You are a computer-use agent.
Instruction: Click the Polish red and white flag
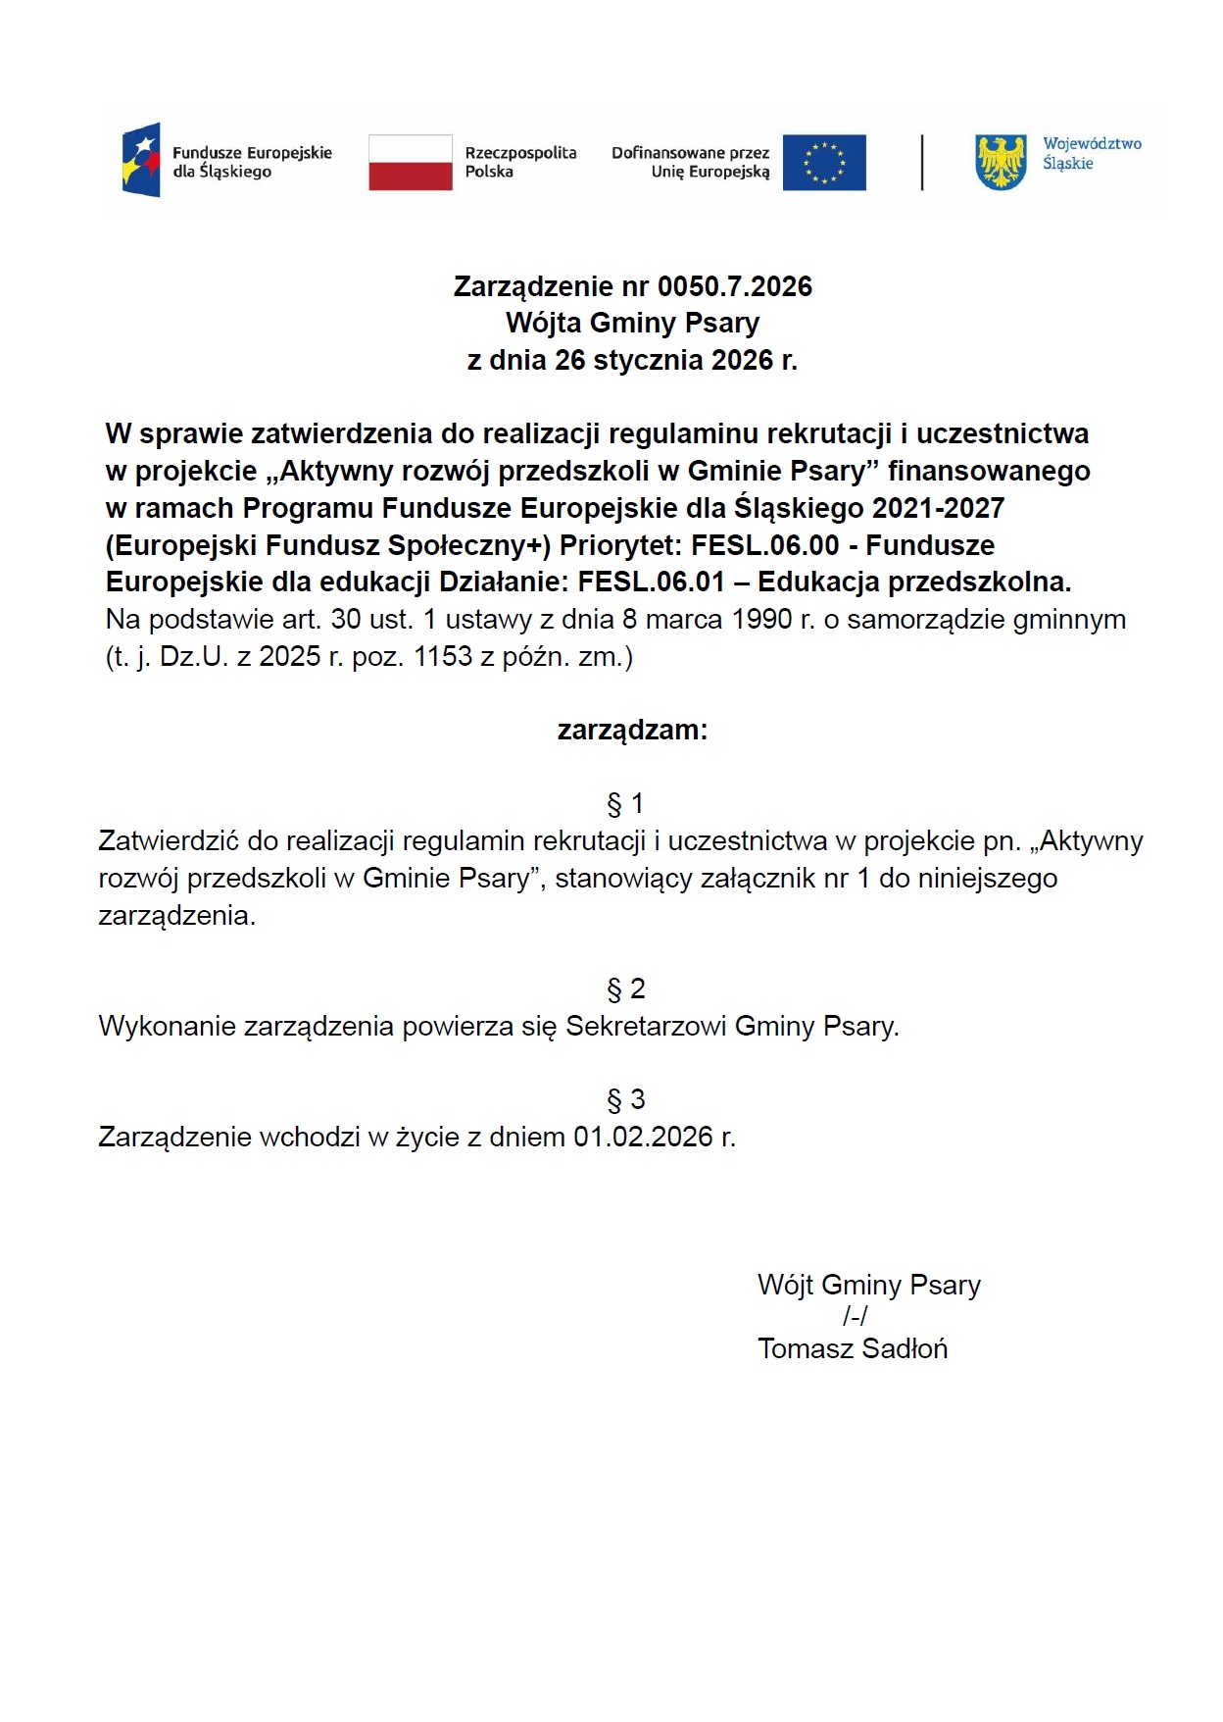[x=410, y=163]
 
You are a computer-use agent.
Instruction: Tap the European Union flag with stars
[x=824, y=163]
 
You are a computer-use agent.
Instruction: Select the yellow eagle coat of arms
[x=1001, y=163]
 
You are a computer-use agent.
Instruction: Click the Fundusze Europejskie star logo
[x=142, y=160]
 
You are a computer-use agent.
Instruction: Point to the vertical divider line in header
[x=922, y=163]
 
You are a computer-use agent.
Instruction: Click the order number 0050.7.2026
[x=735, y=286]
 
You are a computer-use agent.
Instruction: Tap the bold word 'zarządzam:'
[x=632, y=731]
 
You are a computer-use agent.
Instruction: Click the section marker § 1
[x=625, y=804]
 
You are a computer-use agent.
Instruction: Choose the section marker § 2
[x=625, y=989]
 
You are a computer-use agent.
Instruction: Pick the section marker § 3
[x=625, y=1100]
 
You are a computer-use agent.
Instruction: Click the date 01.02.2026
[x=643, y=1138]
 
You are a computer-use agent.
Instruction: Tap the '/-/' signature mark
[x=855, y=1317]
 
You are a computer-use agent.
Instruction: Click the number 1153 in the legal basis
[x=443, y=657]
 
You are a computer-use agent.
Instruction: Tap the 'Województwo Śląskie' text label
[x=1092, y=154]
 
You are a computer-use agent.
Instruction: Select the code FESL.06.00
[x=764, y=545]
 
